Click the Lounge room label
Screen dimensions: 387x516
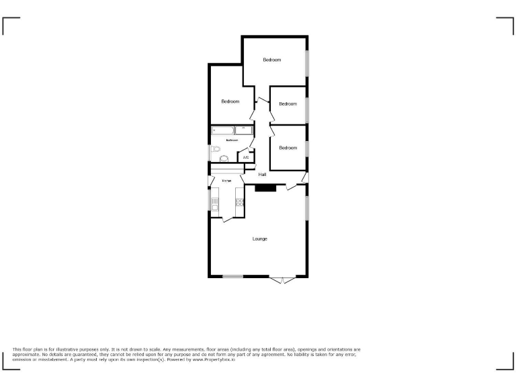point(260,239)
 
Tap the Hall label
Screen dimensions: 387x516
point(253,175)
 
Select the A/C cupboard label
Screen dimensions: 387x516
point(246,158)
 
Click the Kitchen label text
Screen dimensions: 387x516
point(227,181)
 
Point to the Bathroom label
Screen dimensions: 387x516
point(232,140)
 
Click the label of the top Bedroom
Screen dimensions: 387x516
point(271,60)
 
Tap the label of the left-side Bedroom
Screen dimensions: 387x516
point(230,101)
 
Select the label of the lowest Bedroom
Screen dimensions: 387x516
point(288,148)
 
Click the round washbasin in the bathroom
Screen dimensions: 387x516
point(224,159)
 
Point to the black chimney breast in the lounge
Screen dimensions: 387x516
point(265,188)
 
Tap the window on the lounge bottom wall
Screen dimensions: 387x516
point(232,276)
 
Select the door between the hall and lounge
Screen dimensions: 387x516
point(293,186)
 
